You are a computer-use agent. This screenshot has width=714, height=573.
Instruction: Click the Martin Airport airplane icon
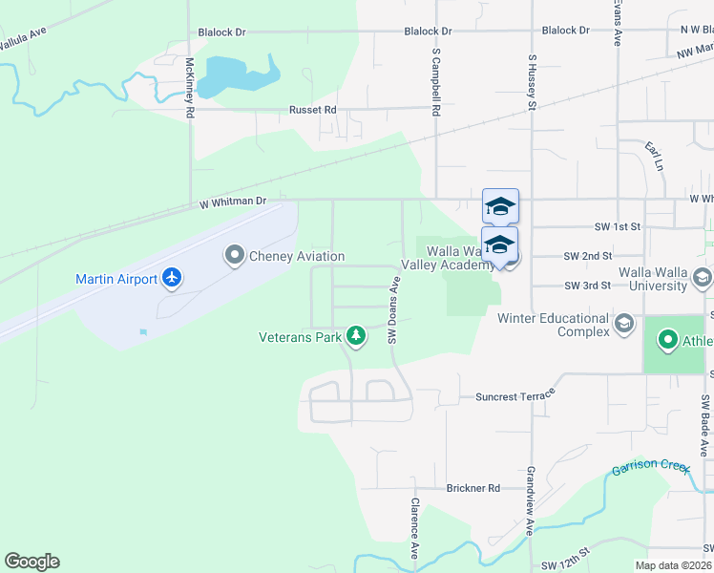172,278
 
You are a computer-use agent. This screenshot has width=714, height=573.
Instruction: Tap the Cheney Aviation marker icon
235,256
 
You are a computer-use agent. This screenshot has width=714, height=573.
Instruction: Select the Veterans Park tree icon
355,335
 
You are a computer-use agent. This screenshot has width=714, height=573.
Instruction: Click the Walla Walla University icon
703,279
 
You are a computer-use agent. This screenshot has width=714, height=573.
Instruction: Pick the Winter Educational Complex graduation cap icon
624,324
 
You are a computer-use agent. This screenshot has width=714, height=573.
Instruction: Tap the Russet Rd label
313,110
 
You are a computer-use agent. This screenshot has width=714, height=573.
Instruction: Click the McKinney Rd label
191,88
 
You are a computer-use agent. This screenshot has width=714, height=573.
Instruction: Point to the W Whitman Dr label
233,202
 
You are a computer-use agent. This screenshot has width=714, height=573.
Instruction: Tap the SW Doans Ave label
391,309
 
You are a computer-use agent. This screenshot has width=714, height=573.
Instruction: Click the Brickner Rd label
473,488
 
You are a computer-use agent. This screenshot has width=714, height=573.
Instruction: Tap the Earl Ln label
654,156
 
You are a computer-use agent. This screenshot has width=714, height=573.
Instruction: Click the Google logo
31,562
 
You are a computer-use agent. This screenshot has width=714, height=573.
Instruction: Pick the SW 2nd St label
586,256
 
